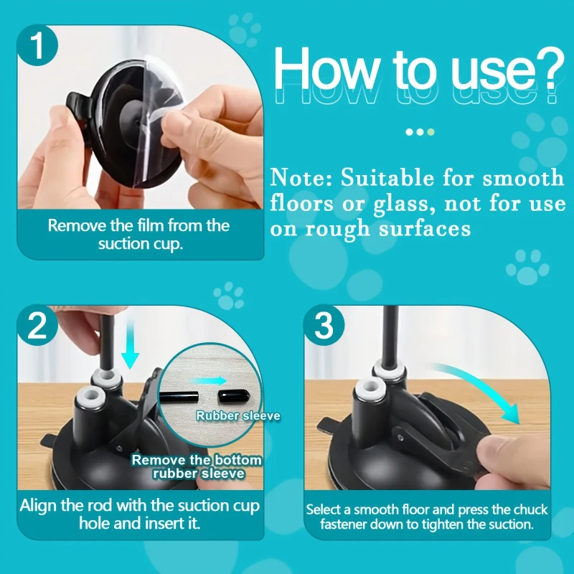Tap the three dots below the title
tap(420, 132)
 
